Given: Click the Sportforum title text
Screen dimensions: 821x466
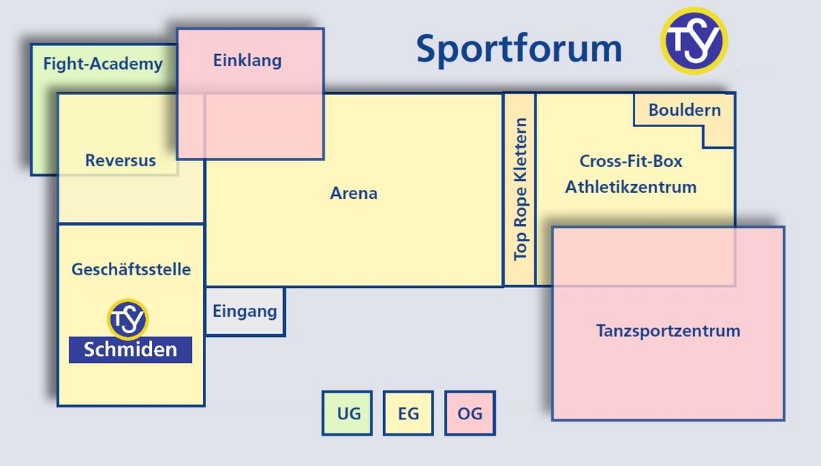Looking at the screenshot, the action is pyautogui.click(x=519, y=49).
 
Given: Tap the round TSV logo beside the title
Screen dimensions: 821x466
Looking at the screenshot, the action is pyautogui.click(x=694, y=40).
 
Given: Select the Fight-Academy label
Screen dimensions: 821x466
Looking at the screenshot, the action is pyautogui.click(x=102, y=64).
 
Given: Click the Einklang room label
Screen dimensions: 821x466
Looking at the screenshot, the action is pyautogui.click(x=247, y=60).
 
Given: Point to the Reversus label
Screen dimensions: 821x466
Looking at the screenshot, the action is pyautogui.click(x=121, y=160).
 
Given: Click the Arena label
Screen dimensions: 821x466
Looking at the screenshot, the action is pyautogui.click(x=353, y=194).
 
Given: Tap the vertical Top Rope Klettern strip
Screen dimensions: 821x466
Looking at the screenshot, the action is pyautogui.click(x=519, y=190).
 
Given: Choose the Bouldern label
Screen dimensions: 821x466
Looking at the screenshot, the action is pyautogui.click(x=685, y=110).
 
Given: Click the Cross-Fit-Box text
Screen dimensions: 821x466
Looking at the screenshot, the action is pyautogui.click(x=631, y=161).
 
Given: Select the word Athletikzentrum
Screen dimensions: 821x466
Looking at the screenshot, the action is pyautogui.click(x=631, y=186).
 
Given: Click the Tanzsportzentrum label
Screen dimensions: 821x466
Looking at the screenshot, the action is pyautogui.click(x=668, y=331).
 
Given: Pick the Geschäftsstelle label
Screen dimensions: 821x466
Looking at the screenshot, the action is pyautogui.click(x=131, y=269).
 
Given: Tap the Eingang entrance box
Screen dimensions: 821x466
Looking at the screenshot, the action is pyautogui.click(x=245, y=312).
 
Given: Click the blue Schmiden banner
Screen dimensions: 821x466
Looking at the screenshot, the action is pyautogui.click(x=130, y=349).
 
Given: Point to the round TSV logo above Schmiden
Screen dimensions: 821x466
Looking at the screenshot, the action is pyautogui.click(x=127, y=319).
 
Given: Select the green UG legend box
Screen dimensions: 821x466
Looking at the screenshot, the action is pyautogui.click(x=347, y=413).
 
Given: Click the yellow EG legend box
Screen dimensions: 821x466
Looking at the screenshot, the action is pyautogui.click(x=408, y=413).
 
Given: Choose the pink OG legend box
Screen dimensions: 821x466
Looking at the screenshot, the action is pyautogui.click(x=470, y=413).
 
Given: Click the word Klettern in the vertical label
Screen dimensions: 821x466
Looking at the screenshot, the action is pyautogui.click(x=520, y=151).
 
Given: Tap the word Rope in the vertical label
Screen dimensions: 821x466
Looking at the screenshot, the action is pyautogui.click(x=520, y=208).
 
